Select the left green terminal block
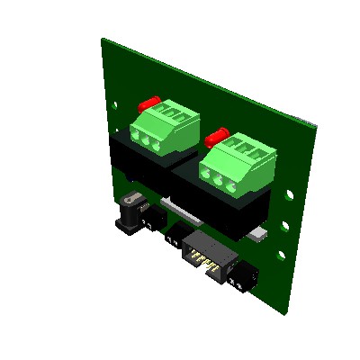point(165,127)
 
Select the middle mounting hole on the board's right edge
point(286,225)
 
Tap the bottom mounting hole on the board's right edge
point(280,259)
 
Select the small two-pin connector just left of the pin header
point(173,238)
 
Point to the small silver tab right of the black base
point(260,236)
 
